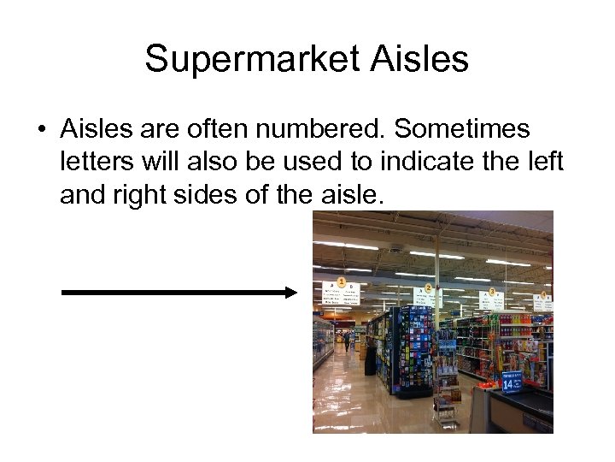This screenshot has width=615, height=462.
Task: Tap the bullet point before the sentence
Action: point(40,131)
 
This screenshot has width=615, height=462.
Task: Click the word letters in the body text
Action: point(95,163)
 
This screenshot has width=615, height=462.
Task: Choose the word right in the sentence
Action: point(141,195)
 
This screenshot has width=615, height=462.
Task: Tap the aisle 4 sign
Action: point(542,301)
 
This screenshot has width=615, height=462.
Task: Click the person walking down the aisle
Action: point(347,341)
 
